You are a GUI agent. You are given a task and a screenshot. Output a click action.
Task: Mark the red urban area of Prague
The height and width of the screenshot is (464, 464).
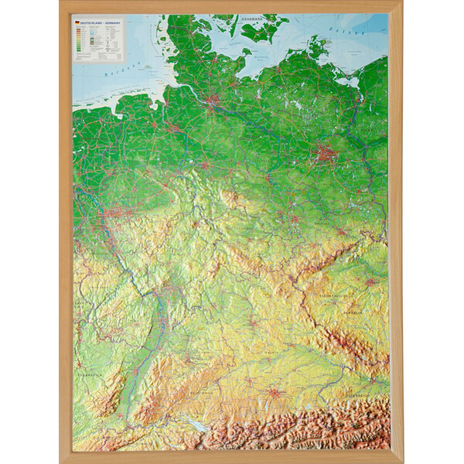coord(370,283)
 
